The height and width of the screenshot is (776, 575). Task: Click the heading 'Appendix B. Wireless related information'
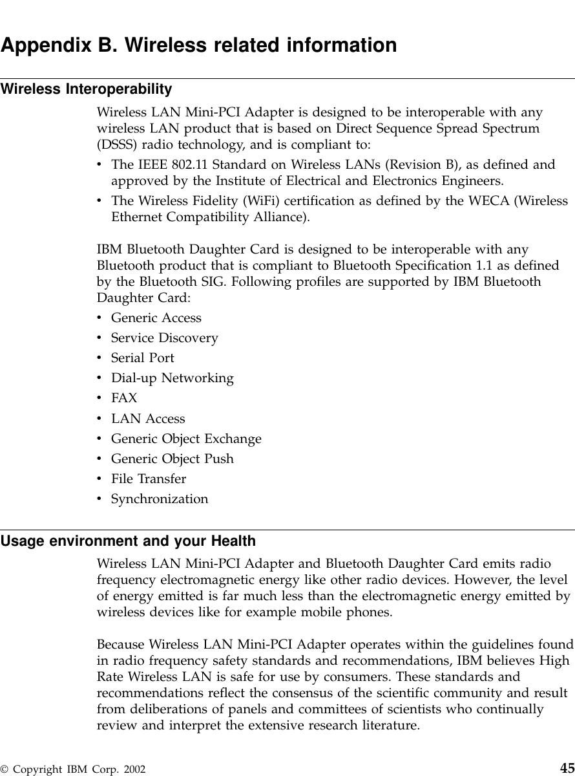[x=198, y=46]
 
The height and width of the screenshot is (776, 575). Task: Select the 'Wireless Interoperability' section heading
[x=86, y=89]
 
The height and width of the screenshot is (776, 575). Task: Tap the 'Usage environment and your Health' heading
[x=128, y=541]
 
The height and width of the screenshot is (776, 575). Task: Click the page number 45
[x=567, y=768]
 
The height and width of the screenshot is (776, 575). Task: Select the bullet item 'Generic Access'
[x=156, y=318]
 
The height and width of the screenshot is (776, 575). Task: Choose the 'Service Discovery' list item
[x=164, y=338]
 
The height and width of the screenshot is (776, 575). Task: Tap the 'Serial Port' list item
[x=142, y=358]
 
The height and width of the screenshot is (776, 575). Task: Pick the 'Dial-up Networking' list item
[x=172, y=378]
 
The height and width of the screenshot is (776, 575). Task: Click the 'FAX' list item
[x=124, y=398]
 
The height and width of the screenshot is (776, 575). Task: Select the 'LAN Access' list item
[x=148, y=419]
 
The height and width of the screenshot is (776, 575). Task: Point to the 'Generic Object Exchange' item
[x=186, y=439]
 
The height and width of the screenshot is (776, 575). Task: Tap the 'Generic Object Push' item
[x=172, y=459]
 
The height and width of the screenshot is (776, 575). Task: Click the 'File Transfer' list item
[x=148, y=479]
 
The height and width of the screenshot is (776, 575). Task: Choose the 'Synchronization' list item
[x=160, y=499]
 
